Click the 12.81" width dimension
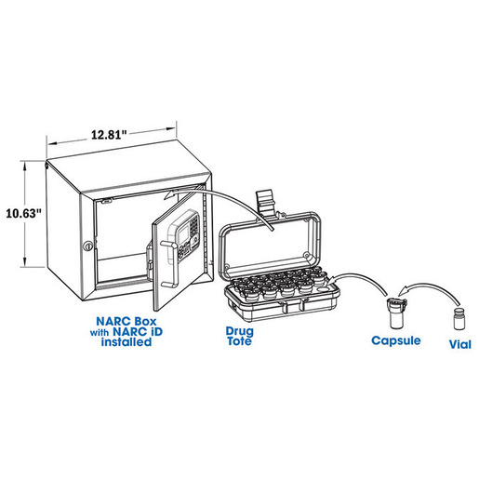(x=109, y=135)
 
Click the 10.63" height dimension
(x=23, y=213)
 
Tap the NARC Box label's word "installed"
(x=126, y=342)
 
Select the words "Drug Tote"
(x=239, y=336)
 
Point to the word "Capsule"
(x=396, y=340)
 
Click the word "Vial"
(x=460, y=344)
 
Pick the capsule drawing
(x=397, y=313)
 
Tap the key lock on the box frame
(x=88, y=246)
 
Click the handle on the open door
(x=170, y=263)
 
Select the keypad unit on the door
(x=184, y=235)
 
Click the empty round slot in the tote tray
(x=323, y=290)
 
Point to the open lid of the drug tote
(x=269, y=244)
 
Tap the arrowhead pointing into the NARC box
(x=170, y=194)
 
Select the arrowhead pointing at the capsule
(x=403, y=291)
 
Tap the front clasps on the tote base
(x=294, y=305)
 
